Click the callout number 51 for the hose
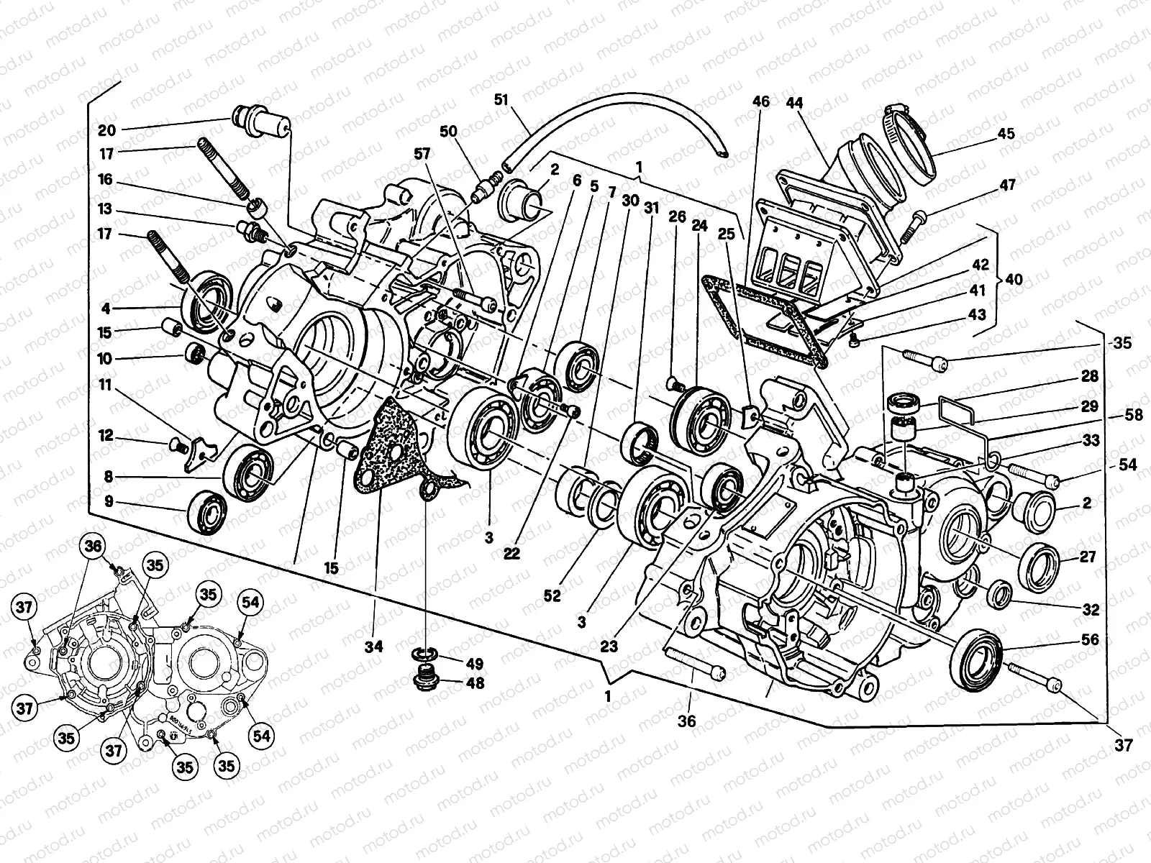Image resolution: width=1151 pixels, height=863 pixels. pyautogui.click(x=501, y=99)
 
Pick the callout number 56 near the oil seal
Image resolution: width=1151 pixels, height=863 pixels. pyautogui.click(x=1090, y=639)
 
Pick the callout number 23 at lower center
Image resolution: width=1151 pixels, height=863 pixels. pyautogui.click(x=609, y=647)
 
